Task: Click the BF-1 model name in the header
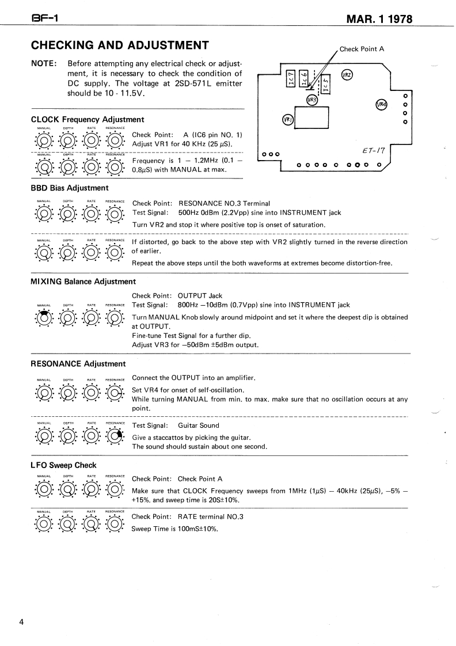(43, 19)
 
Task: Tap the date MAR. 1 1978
(379, 19)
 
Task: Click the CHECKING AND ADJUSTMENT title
(120, 45)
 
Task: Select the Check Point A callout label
(362, 49)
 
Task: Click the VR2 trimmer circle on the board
(347, 75)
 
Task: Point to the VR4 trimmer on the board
(382, 105)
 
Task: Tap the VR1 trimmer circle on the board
(288, 120)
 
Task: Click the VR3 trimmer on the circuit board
(312, 100)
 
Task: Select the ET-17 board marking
(374, 151)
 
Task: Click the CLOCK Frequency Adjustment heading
(88, 120)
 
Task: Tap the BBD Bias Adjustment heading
(70, 188)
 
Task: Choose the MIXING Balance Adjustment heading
(83, 282)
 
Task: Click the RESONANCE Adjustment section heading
(78, 364)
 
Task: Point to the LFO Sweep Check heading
(63, 465)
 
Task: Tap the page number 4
(21, 622)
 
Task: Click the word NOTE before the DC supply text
(44, 63)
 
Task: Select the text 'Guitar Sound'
(199, 425)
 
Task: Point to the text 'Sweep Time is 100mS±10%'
(174, 529)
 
